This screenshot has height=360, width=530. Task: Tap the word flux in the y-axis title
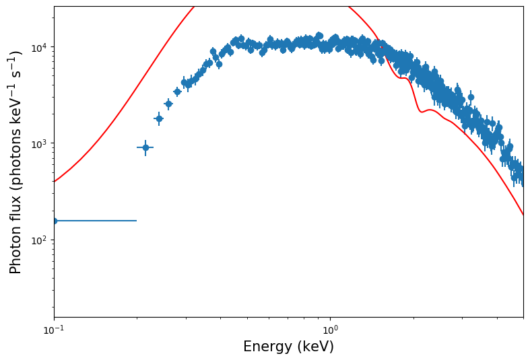pyautogui.click(x=16, y=205)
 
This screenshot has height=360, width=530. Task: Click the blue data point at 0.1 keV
pyautogui.click(x=55, y=221)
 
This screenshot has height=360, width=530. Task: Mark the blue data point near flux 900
pyautogui.click(x=145, y=147)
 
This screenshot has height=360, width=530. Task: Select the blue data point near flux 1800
pyautogui.click(x=159, y=118)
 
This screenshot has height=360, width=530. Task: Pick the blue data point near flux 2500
pyautogui.click(x=168, y=104)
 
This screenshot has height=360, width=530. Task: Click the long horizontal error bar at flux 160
pyautogui.click(x=95, y=221)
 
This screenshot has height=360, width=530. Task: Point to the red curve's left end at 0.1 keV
pyautogui.click(x=55, y=182)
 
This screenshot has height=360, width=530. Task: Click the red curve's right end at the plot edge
pyautogui.click(x=523, y=215)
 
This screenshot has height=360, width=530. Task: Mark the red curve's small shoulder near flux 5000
pyautogui.click(x=403, y=78)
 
